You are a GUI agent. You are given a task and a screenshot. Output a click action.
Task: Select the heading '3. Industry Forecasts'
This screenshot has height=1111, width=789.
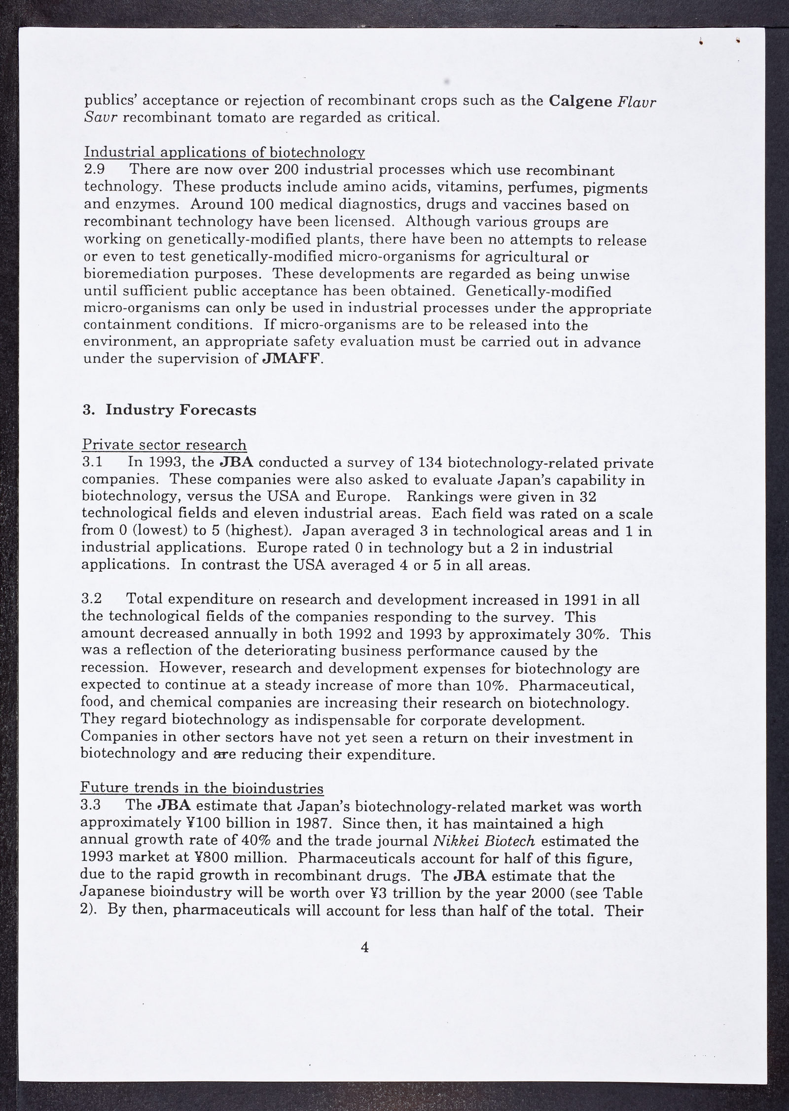coord(169,410)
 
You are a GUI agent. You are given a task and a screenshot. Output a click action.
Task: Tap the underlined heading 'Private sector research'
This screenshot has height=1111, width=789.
coord(164,445)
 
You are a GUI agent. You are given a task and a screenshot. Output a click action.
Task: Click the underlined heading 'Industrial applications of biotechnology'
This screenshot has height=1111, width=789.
coord(224,152)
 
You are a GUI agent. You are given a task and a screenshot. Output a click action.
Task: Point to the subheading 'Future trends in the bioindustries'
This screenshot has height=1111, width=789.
coord(202,788)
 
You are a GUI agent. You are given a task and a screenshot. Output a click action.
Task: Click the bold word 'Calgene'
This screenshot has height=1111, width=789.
coord(580,101)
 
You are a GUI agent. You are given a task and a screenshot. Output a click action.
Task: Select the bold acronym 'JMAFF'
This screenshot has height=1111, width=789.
coord(292,359)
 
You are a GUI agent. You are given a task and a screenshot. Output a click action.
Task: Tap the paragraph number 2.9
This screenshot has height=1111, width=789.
coord(94,170)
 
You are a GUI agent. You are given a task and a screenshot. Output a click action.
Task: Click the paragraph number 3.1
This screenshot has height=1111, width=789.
coord(92,462)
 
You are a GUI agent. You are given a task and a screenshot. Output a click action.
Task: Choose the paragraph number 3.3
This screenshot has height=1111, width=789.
coord(91,805)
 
